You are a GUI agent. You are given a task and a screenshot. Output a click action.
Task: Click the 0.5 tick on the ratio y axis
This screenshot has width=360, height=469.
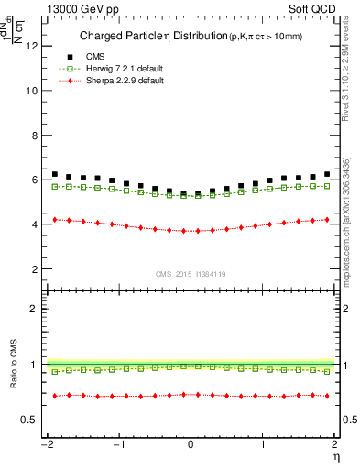(30, 420)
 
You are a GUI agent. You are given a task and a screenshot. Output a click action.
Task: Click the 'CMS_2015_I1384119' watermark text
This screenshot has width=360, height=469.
(191, 274)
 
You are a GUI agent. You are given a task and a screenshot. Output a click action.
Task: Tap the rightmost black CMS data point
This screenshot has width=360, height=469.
(327, 173)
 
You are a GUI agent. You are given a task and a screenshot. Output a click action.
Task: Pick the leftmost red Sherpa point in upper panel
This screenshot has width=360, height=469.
(55, 220)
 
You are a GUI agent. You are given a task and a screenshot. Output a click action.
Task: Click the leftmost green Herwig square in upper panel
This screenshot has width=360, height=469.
(55, 186)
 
